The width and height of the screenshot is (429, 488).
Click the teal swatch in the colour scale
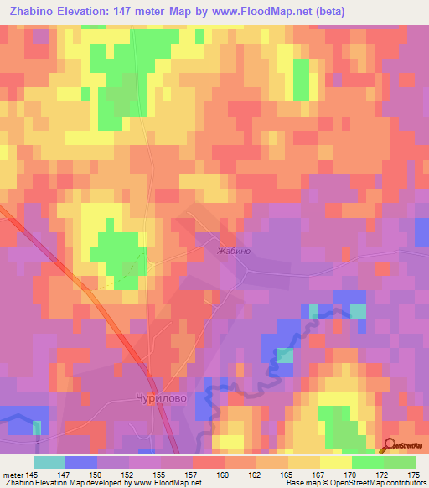click(x=49, y=462)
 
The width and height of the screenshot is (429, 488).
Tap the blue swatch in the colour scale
click(x=80, y=462)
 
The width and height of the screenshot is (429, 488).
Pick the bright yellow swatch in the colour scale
click(x=335, y=462)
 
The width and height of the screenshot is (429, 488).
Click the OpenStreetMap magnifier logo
click(x=390, y=444)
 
